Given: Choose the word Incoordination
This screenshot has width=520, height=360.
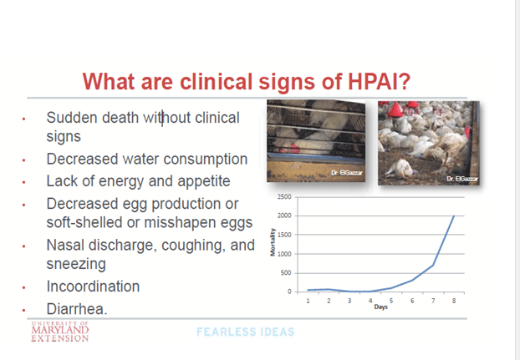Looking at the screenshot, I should [x=93, y=286].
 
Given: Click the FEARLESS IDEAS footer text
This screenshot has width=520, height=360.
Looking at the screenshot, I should [x=245, y=332].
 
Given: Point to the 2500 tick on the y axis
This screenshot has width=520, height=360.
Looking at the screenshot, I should [x=284, y=197].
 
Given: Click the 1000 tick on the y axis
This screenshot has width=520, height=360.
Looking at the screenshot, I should [x=284, y=254].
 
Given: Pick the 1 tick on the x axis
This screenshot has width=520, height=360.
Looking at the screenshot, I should [x=308, y=299].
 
